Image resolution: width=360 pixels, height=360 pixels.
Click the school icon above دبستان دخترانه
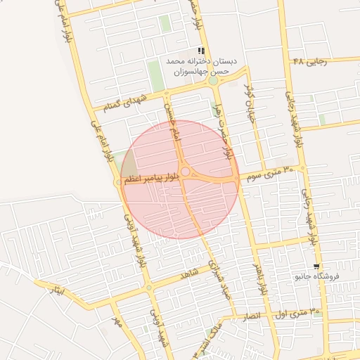point(202,51)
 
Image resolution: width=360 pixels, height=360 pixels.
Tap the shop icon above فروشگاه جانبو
point(317,266)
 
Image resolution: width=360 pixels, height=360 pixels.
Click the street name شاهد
point(189,274)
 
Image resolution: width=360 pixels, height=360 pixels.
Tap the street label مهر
point(116,323)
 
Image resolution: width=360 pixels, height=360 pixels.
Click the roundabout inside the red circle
point(186,172)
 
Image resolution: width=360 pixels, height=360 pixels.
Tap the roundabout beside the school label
point(213,81)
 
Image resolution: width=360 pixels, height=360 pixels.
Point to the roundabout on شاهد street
point(149,288)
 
